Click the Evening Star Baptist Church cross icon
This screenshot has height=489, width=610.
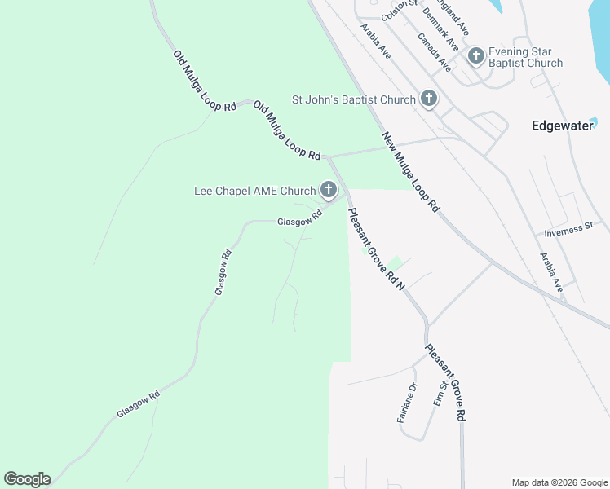476,56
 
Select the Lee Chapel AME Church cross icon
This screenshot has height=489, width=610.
329,191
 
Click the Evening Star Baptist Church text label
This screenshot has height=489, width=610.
525,57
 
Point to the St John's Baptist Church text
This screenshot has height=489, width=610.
354,100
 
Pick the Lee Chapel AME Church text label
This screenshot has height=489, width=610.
254,192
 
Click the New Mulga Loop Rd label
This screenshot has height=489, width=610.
410,173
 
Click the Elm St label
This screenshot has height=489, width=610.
440,394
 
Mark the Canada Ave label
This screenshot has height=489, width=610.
434,52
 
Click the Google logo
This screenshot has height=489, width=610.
27,479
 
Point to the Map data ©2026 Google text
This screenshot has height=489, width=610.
559,482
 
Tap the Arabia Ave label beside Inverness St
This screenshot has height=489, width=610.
551,272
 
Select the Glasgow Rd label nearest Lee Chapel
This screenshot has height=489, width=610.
299,218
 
